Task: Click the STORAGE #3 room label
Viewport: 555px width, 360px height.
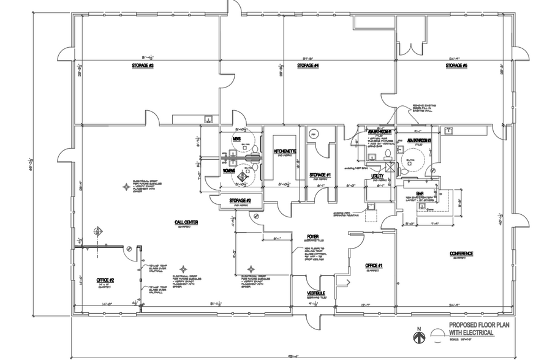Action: [142, 66]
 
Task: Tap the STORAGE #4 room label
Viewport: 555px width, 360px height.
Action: [308, 66]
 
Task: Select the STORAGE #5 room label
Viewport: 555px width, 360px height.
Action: [456, 66]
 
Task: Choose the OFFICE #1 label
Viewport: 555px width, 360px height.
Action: [374, 265]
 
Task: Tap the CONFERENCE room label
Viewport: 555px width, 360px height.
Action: [461, 253]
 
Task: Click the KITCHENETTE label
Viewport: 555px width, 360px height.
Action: [285, 151]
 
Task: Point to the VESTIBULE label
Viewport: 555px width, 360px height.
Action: [315, 293]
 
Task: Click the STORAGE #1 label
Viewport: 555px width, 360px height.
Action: [320, 175]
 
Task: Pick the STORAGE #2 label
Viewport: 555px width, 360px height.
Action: [240, 200]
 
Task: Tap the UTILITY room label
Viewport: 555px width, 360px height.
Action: [378, 176]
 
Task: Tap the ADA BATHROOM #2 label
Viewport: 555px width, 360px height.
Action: [420, 140]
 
